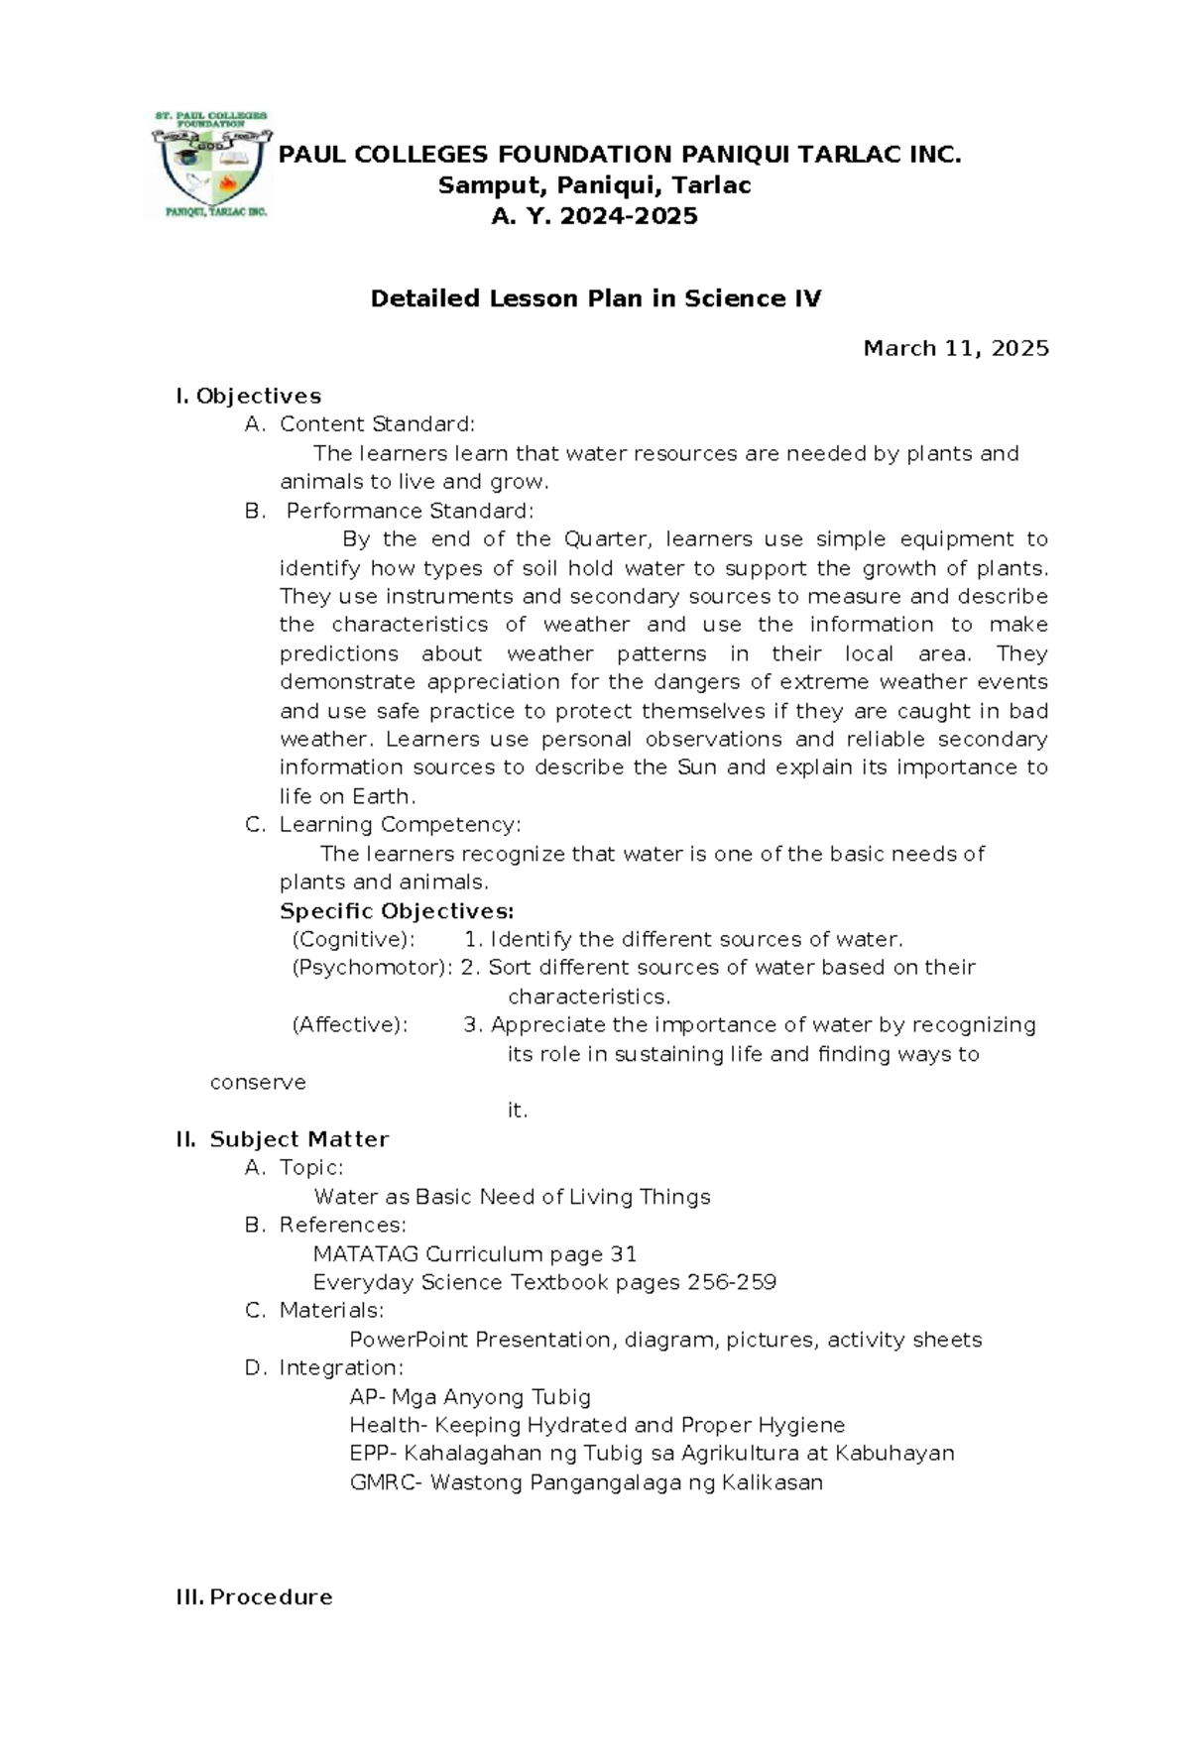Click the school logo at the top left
210,165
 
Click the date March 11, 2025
955,348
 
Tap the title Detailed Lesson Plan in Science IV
595,298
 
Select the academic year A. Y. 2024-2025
594,216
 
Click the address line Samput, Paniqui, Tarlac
594,185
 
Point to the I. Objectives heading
248,397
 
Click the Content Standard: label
377,424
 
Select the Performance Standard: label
410,511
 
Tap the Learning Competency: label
400,825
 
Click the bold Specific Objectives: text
397,911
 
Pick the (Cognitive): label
353,939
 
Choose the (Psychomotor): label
372,967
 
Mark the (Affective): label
349,1025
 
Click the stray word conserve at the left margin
258,1082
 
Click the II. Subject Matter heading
283,1139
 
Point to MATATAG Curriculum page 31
475,1254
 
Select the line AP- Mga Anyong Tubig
470,1397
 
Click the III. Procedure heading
254,1597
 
